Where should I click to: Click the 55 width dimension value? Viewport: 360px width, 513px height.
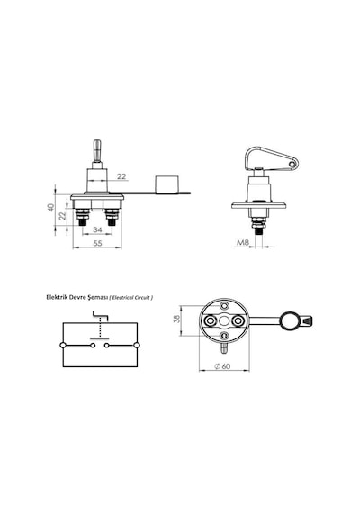(x=97, y=243)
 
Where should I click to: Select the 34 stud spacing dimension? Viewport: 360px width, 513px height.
(x=97, y=229)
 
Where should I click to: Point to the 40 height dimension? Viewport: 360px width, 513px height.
(x=50, y=207)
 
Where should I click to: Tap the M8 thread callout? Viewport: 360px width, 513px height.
(x=243, y=242)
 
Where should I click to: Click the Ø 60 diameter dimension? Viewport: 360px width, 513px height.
(x=222, y=366)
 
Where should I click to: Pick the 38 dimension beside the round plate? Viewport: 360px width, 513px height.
(x=176, y=319)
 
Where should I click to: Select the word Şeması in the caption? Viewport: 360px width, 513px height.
(x=97, y=298)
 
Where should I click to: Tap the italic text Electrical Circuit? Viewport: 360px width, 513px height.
(x=130, y=298)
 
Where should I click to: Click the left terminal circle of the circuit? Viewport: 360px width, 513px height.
(x=63, y=345)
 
